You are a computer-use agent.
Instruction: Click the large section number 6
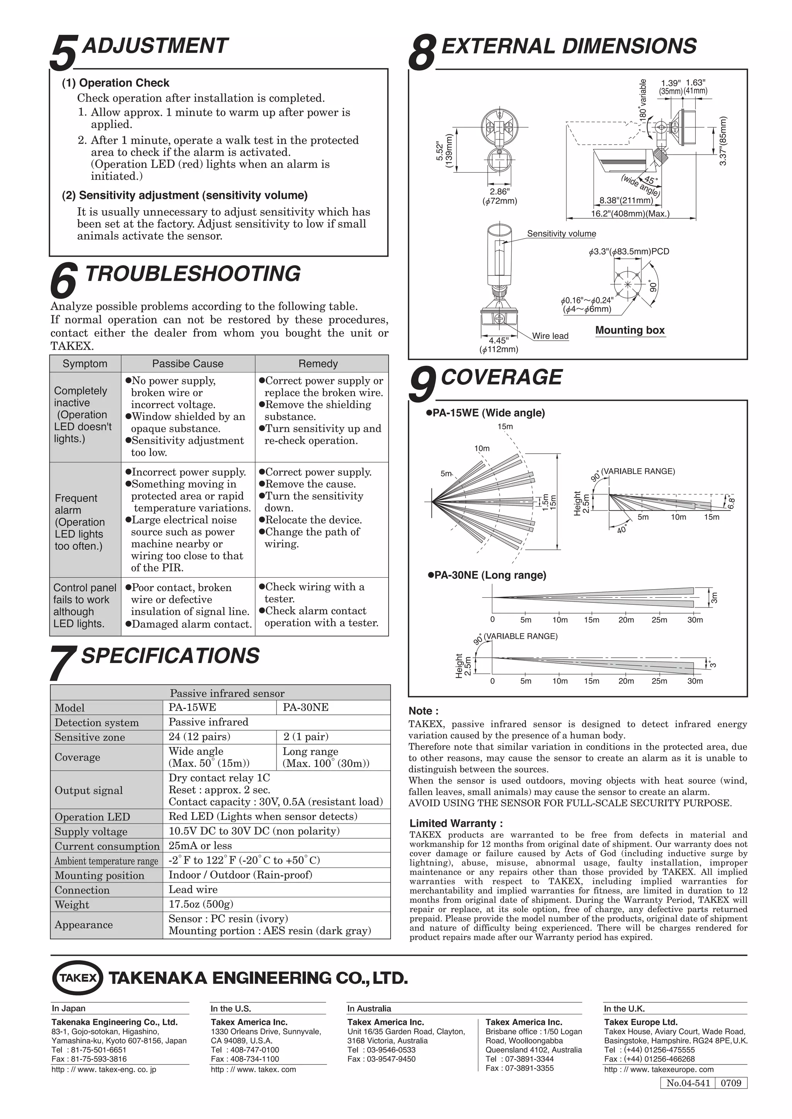click(x=63, y=280)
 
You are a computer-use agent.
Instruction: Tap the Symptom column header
click(x=85, y=364)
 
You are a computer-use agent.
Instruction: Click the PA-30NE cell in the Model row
click(x=306, y=707)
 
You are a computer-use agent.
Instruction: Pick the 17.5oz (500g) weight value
click(x=201, y=904)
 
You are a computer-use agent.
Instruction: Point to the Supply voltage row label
click(x=91, y=832)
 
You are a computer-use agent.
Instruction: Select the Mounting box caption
click(x=630, y=330)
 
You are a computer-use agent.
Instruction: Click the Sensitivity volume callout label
click(x=562, y=233)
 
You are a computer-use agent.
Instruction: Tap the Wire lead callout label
click(x=550, y=336)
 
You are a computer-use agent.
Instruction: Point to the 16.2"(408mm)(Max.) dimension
click(x=630, y=213)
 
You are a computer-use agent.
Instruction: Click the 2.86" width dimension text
click(x=499, y=192)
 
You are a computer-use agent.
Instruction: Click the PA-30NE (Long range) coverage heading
click(x=490, y=575)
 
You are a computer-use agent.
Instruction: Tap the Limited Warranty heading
click(x=456, y=823)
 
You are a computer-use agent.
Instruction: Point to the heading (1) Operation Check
click(x=116, y=83)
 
